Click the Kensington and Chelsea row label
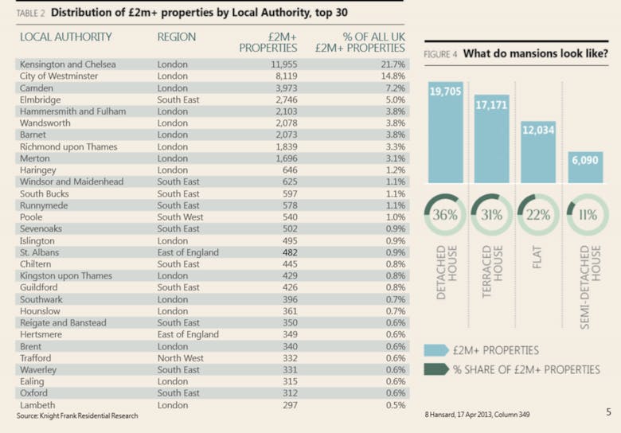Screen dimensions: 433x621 click(x=68, y=64)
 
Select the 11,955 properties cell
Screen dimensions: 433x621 click(x=283, y=64)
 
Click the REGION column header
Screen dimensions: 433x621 click(x=177, y=37)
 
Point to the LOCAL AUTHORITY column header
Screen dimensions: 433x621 click(x=66, y=37)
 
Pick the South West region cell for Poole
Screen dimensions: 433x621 click(x=180, y=217)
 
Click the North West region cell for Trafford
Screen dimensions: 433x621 click(x=180, y=358)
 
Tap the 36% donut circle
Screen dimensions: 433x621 click(x=444, y=215)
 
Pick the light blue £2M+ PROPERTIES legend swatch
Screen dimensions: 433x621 click(x=435, y=350)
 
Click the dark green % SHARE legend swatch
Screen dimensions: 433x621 click(x=435, y=369)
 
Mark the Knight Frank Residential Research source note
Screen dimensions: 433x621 click(x=77, y=416)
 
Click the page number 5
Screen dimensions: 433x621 click(x=607, y=412)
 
